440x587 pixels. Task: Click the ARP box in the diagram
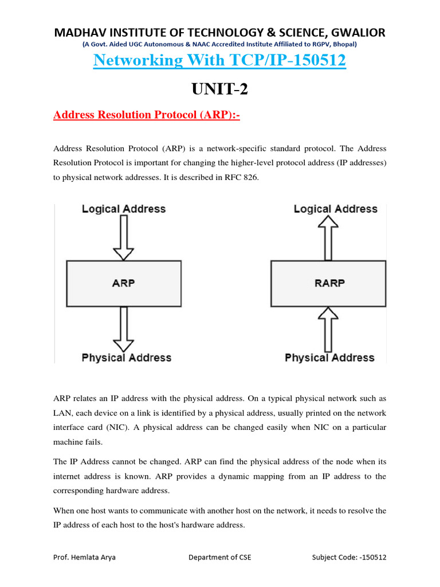click(x=124, y=283)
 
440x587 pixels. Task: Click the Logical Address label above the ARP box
click(x=124, y=209)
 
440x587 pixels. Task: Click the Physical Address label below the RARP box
click(x=329, y=358)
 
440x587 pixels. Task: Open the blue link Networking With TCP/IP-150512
click(x=220, y=60)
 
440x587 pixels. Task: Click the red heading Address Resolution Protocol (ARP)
click(x=146, y=116)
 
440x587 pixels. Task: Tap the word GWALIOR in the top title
click(x=356, y=32)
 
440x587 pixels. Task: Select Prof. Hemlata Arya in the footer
click(x=84, y=557)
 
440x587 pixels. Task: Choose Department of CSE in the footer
click(x=219, y=557)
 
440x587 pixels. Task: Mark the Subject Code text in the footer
click(x=349, y=557)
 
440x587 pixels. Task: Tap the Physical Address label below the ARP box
click(x=126, y=358)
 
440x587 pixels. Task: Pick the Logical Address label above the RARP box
click(x=336, y=209)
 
